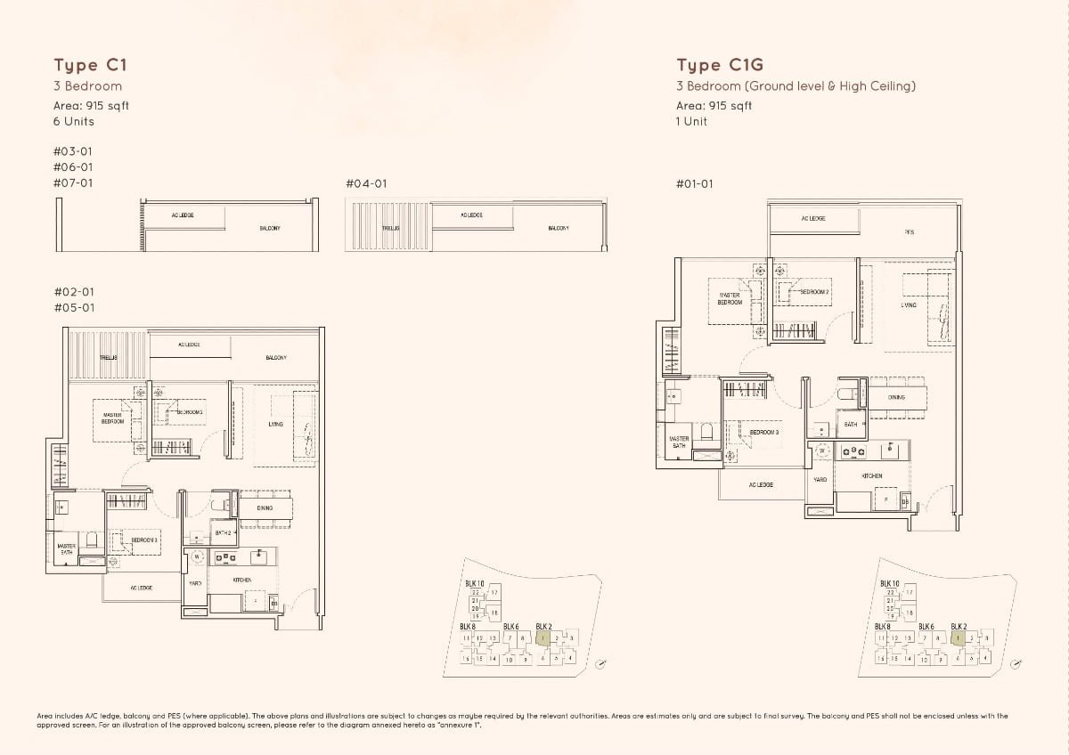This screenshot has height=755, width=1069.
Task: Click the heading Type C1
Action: (83, 65)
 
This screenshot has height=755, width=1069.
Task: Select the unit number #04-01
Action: (366, 183)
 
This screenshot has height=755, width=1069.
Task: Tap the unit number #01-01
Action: (695, 183)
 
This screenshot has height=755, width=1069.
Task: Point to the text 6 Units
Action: (73, 121)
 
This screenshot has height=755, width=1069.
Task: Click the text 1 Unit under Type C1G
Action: (691, 121)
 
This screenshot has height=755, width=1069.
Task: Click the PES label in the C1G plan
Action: (909, 231)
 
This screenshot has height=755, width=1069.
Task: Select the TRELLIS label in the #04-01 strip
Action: (390, 228)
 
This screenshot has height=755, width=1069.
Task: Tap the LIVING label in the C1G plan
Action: (909, 304)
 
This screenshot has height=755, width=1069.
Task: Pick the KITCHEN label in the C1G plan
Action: (872, 476)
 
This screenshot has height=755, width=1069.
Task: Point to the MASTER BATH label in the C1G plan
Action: (679, 442)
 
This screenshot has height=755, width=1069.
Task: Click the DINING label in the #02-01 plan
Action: (265, 508)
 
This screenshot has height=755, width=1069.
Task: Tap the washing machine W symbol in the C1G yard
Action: (821, 452)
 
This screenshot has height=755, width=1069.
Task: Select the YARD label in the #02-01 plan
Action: (195, 583)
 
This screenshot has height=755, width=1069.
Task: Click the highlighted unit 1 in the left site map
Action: (542, 637)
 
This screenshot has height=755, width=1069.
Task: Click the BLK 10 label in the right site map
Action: (889, 583)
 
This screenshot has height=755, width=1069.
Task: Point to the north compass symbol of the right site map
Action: (1016, 664)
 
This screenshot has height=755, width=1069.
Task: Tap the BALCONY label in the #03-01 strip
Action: (270, 229)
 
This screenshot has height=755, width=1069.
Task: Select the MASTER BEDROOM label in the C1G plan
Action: (730, 298)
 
